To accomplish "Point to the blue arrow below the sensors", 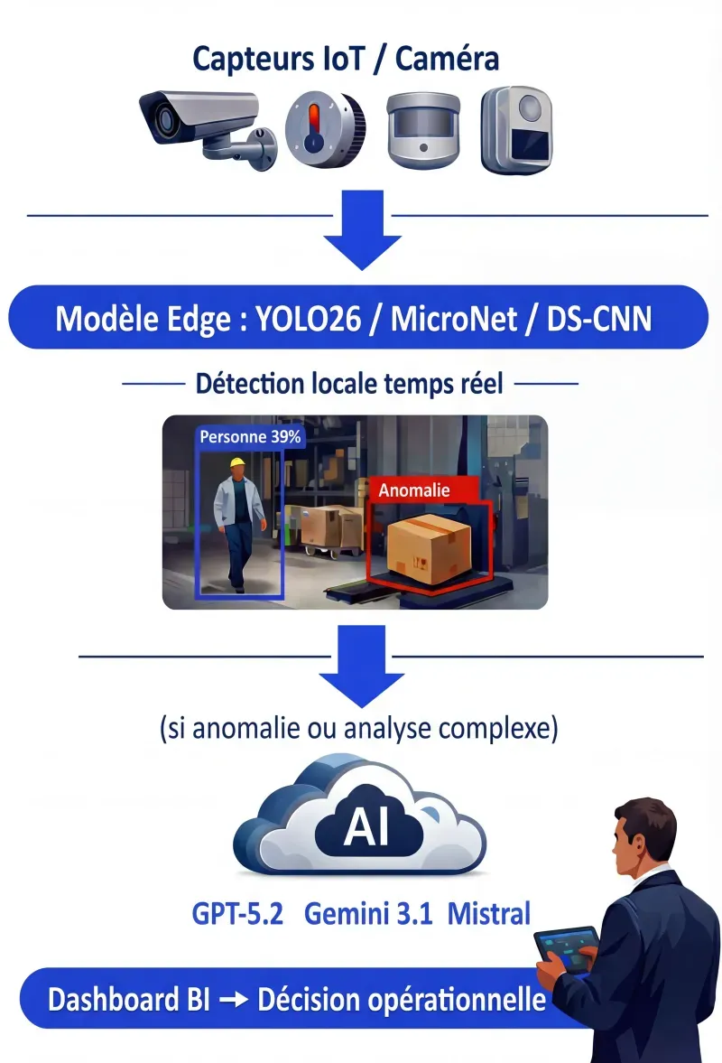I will (x=362, y=233).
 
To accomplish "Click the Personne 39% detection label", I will (x=251, y=437).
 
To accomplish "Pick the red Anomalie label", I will (x=415, y=491).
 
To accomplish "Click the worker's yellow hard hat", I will (x=237, y=463).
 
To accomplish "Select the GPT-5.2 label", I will (x=237, y=913).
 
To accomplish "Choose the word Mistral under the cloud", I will (x=489, y=913).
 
